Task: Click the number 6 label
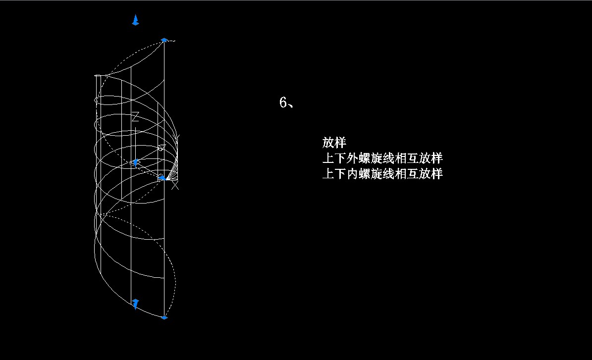click(283, 103)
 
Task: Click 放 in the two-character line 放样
click(328, 143)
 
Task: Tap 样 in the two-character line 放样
click(340, 143)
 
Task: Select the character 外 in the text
click(353, 158)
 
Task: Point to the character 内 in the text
click(353, 174)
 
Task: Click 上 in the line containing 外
click(328, 158)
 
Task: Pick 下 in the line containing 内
click(340, 174)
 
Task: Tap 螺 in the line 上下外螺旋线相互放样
click(365, 158)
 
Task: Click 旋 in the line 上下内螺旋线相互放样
click(377, 174)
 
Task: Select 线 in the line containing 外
click(389, 158)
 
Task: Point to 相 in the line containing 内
click(401, 174)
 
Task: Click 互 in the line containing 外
click(413, 158)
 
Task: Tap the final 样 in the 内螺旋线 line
click(437, 174)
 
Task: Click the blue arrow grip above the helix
click(136, 20)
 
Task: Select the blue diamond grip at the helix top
click(164, 40)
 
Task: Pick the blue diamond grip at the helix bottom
click(164, 318)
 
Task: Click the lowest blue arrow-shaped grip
click(135, 304)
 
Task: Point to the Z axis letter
click(135, 116)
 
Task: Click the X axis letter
click(175, 186)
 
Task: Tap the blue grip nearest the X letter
click(162, 178)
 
